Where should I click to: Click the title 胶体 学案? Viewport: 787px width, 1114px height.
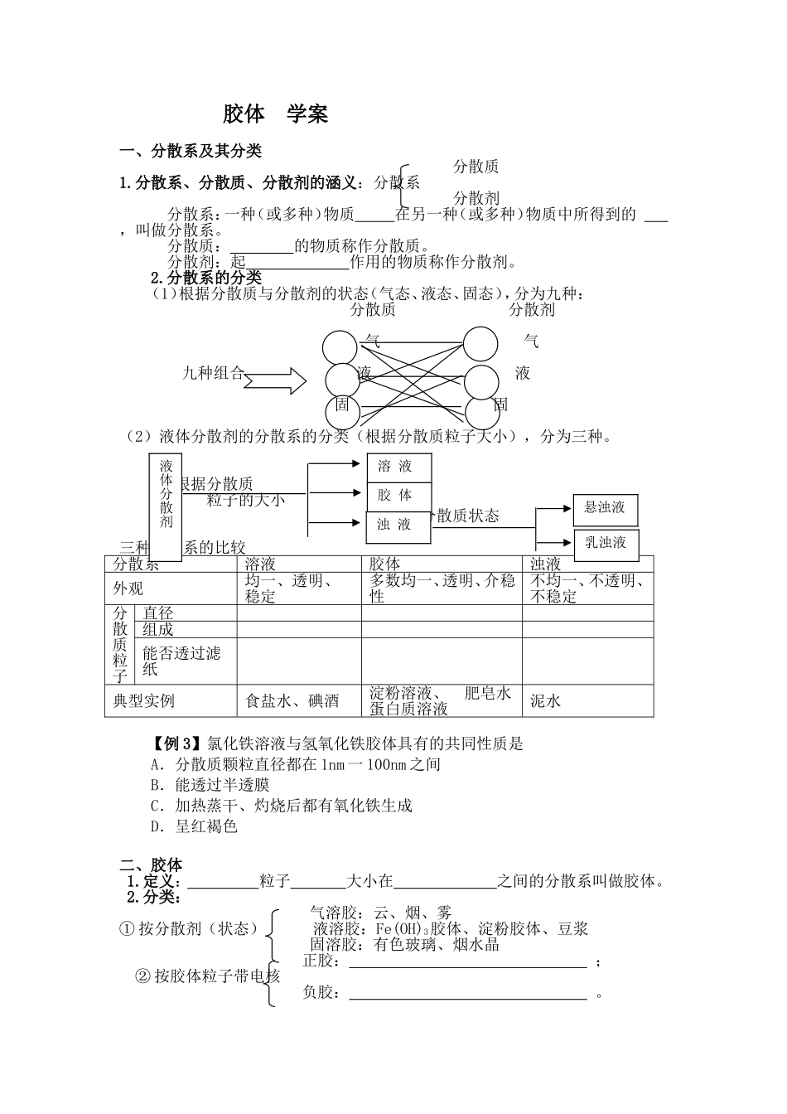coord(275,114)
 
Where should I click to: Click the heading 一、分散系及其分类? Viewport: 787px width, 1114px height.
coord(191,151)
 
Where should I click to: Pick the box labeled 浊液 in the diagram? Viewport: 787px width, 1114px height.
coord(398,526)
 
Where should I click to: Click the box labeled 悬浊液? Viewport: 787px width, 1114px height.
coord(605,508)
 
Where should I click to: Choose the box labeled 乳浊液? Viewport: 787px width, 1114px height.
coord(605,543)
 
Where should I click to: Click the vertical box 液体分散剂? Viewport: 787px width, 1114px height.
coord(167,505)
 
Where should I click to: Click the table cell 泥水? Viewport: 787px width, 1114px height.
coord(546,701)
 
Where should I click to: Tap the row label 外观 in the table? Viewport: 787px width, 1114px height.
coord(128,588)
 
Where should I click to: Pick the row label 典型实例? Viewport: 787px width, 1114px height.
coord(144,701)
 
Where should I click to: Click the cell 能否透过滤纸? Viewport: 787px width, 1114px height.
coord(182,661)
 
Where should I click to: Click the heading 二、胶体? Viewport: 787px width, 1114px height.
coord(151,865)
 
